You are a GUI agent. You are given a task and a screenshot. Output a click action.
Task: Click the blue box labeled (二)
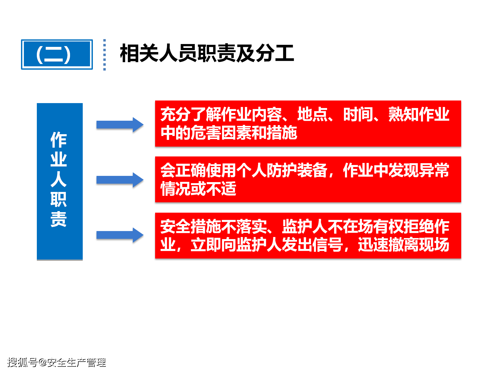click(57, 54)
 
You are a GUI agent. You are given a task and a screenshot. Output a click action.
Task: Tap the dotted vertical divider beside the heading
click(105, 55)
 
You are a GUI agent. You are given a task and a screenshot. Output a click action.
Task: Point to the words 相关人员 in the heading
click(159, 53)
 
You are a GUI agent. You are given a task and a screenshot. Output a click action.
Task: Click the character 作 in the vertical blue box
click(59, 140)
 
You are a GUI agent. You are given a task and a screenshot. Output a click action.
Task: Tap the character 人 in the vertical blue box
click(59, 179)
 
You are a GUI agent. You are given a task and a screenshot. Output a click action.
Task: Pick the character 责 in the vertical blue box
click(59, 219)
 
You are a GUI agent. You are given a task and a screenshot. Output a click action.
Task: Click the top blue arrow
click(120, 125)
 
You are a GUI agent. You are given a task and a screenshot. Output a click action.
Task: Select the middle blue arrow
click(120, 180)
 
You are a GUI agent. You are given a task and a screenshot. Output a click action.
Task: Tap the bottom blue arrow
click(120, 235)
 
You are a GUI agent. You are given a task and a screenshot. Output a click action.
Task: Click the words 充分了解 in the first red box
click(191, 114)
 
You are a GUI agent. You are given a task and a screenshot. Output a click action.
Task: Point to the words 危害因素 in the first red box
click(221, 133)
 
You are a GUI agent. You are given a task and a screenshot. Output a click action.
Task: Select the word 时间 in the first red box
click(358, 114)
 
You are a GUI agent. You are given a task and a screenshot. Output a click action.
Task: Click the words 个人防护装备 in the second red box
click(282, 170)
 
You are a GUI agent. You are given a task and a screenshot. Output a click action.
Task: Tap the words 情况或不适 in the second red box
click(198, 189)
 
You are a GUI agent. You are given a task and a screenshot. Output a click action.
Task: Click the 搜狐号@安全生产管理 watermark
click(57, 362)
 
